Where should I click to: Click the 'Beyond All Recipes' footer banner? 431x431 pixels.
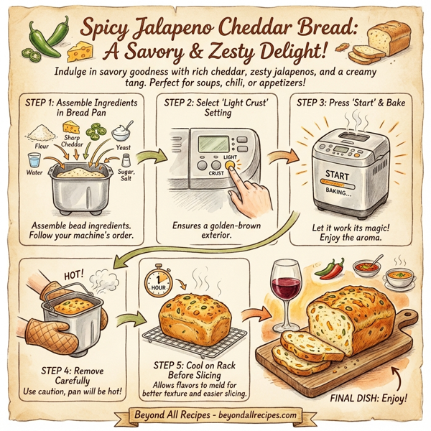pos(215,416)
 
